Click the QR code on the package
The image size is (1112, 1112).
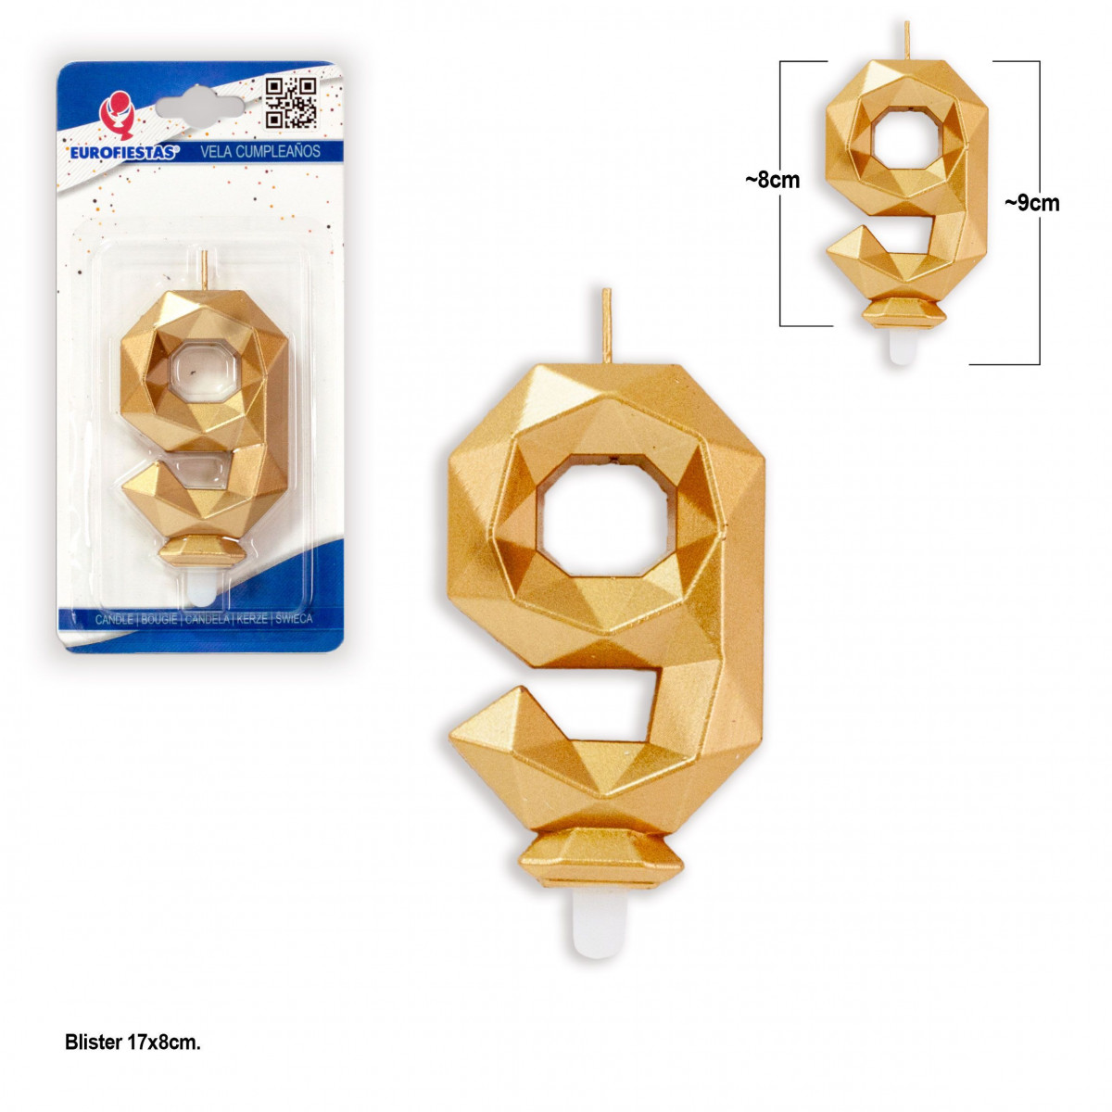tap(291, 103)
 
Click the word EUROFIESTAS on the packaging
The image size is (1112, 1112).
tap(124, 153)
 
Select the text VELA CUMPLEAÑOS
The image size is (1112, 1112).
tap(259, 152)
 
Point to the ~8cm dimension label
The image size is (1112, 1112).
tap(772, 181)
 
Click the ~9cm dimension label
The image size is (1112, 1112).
tap(1031, 204)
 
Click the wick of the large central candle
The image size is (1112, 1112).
tap(606, 326)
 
